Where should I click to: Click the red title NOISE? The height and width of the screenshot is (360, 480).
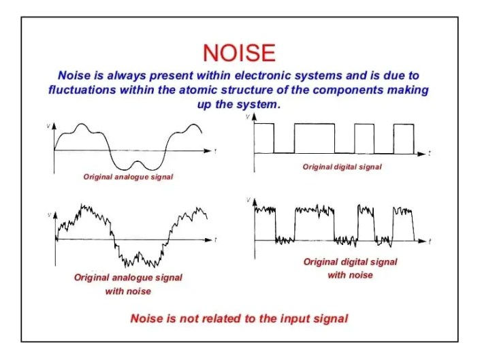click(x=239, y=53)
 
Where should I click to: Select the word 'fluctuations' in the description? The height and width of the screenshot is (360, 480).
click(x=82, y=90)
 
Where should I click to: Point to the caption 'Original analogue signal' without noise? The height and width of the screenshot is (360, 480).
click(x=128, y=177)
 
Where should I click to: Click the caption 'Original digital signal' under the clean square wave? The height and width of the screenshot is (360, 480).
click(x=342, y=167)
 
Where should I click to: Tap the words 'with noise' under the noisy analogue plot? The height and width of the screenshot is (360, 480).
click(x=128, y=291)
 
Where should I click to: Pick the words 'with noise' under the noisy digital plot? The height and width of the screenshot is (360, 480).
click(x=350, y=275)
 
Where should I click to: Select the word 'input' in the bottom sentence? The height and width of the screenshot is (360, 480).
click(x=294, y=318)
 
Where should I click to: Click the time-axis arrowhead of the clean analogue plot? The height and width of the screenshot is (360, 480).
click(x=208, y=150)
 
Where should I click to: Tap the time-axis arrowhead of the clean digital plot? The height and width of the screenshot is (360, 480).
click(x=421, y=154)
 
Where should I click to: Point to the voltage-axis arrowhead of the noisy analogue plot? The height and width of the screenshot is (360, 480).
click(x=55, y=215)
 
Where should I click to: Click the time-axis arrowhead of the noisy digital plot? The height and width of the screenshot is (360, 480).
click(x=422, y=241)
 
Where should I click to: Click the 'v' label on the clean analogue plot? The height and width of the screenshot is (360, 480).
click(x=48, y=125)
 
